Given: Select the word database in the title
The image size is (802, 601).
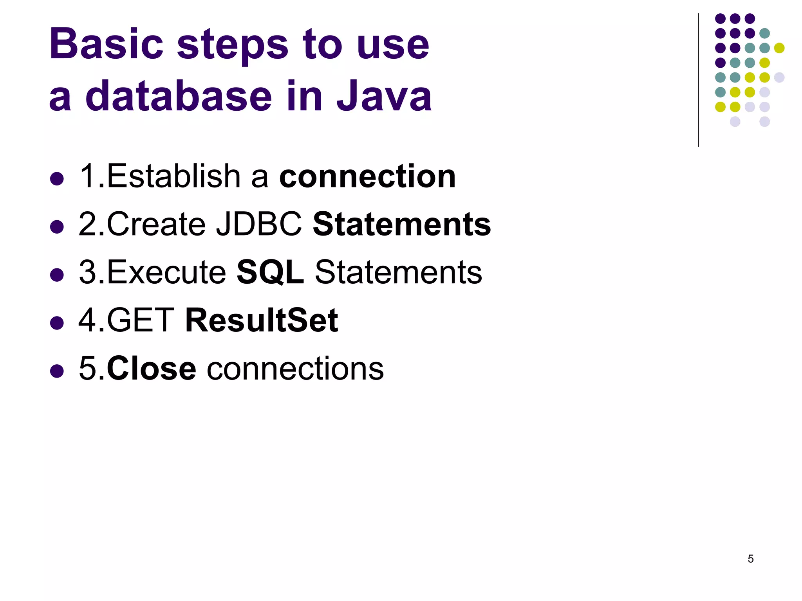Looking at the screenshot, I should tap(179, 95).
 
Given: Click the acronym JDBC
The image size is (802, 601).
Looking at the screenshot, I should tap(259, 224).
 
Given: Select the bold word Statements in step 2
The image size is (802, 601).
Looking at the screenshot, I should tap(402, 224).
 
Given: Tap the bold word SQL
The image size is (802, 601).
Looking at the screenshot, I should tap(270, 272).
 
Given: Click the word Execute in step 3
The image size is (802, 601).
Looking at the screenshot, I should tap(166, 272).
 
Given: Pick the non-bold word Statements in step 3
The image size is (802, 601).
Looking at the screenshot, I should tap(399, 272).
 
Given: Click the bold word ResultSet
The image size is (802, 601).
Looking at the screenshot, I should tap(262, 320).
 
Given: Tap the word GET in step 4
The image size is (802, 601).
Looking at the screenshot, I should tap(140, 320).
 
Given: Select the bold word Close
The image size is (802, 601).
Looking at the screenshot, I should tap(151, 369).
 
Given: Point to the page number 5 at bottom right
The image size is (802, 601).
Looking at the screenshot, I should tap(750, 559).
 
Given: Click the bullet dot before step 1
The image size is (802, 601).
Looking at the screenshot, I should tap(57, 178).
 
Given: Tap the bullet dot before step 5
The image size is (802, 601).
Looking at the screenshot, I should tap(57, 371).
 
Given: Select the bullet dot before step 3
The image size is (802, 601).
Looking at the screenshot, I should tap(57, 275).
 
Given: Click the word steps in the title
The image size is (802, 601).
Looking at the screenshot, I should tap(233, 45).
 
